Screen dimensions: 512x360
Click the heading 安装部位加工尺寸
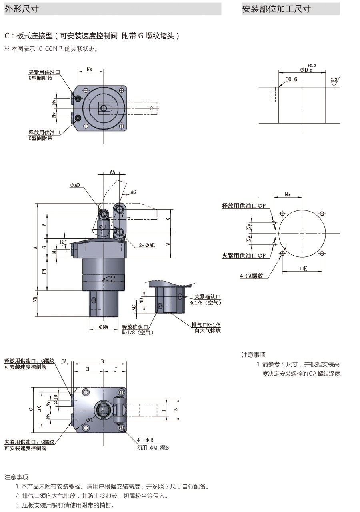pyautogui.click(x=276, y=9)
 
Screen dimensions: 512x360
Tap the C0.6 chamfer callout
pyautogui.click(x=291, y=79)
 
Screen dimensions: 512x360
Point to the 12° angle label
pyautogui.click(x=63, y=242)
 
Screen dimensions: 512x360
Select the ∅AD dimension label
pyautogui.click(x=75, y=185)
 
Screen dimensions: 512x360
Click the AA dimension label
pyautogui.click(x=112, y=172)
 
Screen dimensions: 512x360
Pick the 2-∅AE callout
pyautogui.click(x=147, y=245)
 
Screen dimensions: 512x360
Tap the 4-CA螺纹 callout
pyautogui.click(x=252, y=276)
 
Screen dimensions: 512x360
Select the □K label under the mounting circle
pyautogui.click(x=303, y=269)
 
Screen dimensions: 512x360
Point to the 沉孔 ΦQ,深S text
pyautogui.click(x=153, y=448)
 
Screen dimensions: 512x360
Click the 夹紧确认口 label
pyautogui.click(x=208, y=297)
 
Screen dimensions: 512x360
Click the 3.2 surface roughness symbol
pyautogui.click(x=334, y=80)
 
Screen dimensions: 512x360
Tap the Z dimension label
pyautogui.click(x=175, y=410)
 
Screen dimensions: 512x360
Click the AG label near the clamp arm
pyautogui.click(x=133, y=192)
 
